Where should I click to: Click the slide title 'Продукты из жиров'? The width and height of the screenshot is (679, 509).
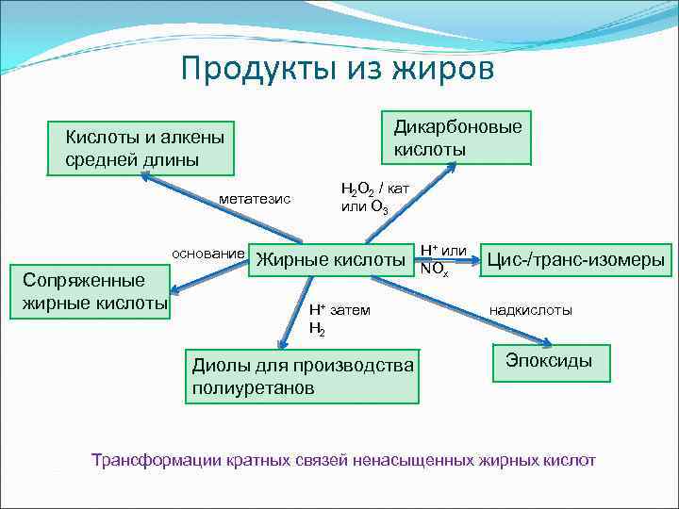pos(337,68)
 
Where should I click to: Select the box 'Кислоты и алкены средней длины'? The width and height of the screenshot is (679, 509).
pos(141,148)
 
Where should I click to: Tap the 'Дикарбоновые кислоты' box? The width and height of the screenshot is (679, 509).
pos(456,138)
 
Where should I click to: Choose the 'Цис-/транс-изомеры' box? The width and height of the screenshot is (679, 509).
pos(575,259)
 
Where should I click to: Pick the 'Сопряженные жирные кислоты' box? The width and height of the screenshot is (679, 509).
pos(94,292)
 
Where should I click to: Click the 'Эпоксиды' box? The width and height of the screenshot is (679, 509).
pos(550,361)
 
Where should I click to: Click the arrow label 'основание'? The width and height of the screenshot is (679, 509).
pos(207,254)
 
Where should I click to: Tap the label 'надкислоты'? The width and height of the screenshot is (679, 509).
pos(530,310)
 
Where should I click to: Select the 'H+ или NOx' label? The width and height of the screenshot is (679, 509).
pos(442,259)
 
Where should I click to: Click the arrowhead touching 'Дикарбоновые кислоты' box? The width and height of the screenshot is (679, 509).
pos(454,167)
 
